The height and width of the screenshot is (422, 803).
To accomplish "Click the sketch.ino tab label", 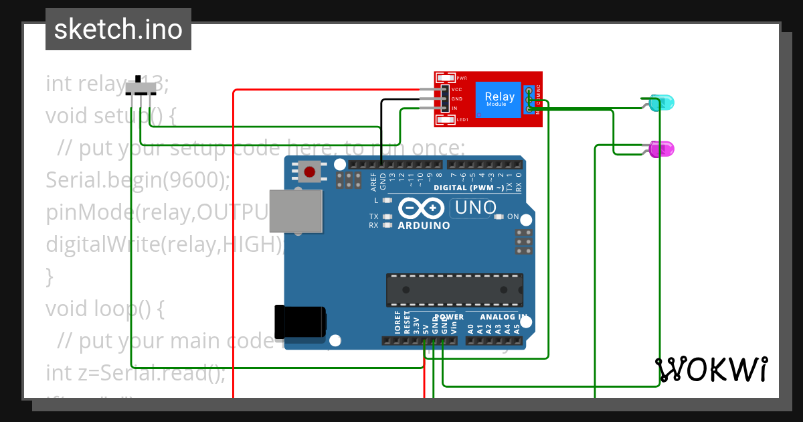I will coord(118,29).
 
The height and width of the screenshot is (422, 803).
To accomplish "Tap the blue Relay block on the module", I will coord(499,99).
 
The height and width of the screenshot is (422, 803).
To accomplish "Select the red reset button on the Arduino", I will coord(309,172).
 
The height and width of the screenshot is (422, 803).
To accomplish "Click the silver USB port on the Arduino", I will coord(294,211).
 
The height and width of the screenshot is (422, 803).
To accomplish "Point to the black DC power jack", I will coord(300,322).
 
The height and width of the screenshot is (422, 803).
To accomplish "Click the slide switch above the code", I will coord(140,87).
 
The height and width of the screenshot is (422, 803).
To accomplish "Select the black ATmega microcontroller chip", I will coord(454,289).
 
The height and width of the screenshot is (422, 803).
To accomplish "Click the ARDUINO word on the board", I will coord(424,226).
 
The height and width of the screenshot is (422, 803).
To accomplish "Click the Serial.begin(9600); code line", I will coord(138,180).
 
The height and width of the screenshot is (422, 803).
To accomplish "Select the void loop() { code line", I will coord(104,308).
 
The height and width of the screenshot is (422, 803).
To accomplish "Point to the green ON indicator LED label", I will coord(513,216).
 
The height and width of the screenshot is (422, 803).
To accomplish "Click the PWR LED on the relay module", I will coord(446,78).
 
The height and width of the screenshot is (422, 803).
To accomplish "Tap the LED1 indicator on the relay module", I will coord(446,120).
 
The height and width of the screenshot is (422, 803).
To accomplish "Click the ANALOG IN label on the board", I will coord(503,317).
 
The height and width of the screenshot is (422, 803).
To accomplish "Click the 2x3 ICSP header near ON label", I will coord(524,241).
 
